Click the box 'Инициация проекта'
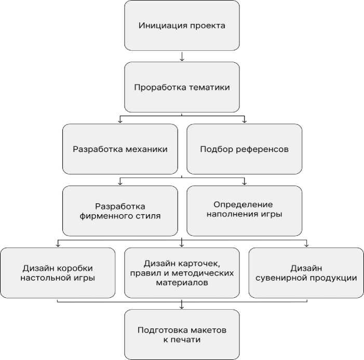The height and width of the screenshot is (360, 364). point(182,25)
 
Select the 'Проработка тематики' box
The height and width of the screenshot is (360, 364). point(182,87)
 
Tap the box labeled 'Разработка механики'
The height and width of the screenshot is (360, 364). point(120,149)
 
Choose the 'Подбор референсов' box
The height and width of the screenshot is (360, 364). point(244,149)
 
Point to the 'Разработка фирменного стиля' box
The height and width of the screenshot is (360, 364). point(120,211)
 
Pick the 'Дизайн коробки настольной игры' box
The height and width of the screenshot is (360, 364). point(58,272)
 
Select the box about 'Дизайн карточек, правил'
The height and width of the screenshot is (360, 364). point(182,272)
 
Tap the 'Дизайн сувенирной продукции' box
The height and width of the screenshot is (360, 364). point(306,272)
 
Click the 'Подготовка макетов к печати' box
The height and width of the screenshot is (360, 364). point(182,335)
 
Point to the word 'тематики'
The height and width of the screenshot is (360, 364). point(209,87)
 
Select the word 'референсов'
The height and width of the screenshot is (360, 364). point(262,149)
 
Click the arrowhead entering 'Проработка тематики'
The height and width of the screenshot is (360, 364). point(182,59)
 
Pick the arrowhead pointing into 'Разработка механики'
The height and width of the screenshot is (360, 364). point(120,121)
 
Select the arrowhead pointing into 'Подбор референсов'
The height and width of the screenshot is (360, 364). point(244,121)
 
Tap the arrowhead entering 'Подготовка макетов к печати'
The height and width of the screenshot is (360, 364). point(182,307)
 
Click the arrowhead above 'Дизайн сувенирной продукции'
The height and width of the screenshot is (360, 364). point(306,245)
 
